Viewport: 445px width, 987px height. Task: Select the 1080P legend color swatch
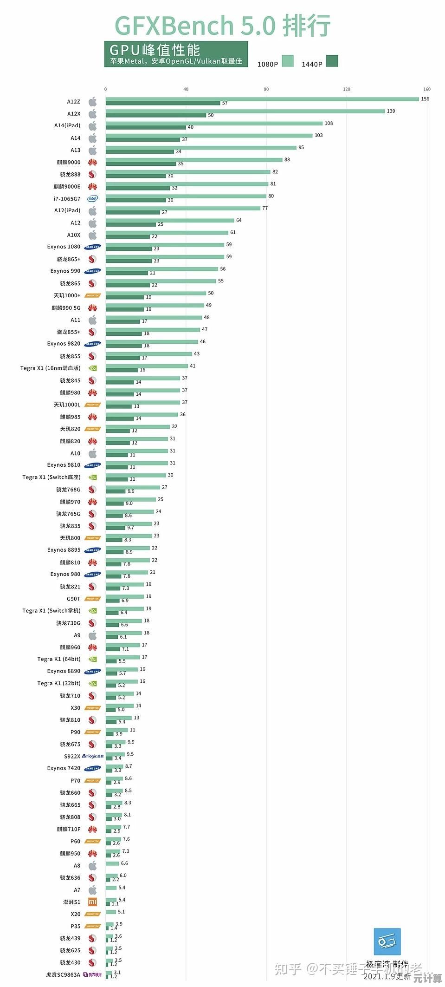coord(288,61)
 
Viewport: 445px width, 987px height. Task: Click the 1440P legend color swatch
coord(332,61)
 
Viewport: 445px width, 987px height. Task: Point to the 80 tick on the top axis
coord(266,89)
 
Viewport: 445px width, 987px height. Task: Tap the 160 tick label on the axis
coord(426,89)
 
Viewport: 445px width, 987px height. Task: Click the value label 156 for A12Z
coord(425,99)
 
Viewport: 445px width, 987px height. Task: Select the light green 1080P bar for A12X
coord(245,111)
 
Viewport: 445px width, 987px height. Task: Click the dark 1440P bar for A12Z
coord(162,103)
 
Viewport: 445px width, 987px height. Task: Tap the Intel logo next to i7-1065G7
coord(93,198)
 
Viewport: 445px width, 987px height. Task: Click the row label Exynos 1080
coord(64,247)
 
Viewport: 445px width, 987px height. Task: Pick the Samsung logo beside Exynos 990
coord(93,271)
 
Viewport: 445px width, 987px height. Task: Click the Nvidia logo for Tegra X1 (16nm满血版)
coord(93,368)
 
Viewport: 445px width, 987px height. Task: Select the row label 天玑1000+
coord(67,295)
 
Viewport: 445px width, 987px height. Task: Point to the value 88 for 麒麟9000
coord(287,159)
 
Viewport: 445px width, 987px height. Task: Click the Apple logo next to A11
coord(93,320)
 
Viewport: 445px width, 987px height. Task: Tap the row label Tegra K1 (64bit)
coord(59,659)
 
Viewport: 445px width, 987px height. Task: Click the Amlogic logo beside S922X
coord(93,756)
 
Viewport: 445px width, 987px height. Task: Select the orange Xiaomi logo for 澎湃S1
coord(93,902)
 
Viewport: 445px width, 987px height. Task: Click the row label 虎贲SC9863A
coord(63,974)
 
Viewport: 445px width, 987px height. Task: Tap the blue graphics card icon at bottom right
coord(387,941)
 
